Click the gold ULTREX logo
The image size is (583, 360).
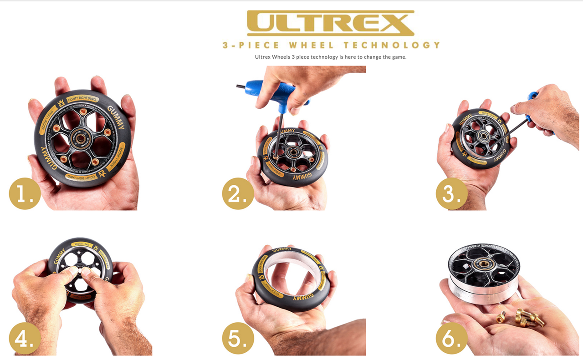coord(331,23)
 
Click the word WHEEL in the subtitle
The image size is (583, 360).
coord(311,45)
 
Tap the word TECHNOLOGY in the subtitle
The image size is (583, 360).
coord(392,45)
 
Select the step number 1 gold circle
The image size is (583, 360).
coord(25,193)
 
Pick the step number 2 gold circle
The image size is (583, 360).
coord(238,193)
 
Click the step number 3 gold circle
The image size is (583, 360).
coord(451,193)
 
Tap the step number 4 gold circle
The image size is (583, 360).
coord(25,339)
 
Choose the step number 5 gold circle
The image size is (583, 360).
coord(238,339)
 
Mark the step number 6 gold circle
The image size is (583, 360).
coord(451,339)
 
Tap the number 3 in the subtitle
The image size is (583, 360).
coord(225,45)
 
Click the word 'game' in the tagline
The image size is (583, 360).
coord(397,57)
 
